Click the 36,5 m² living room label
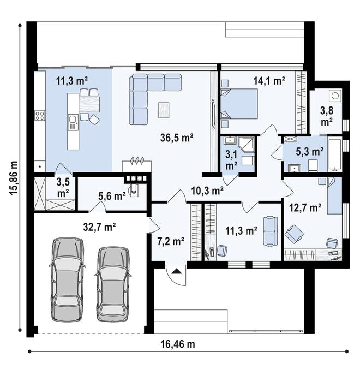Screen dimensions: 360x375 (x=177, y=138)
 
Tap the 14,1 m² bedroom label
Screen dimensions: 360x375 (x=269, y=81)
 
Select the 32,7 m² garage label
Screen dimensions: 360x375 (x=99, y=227)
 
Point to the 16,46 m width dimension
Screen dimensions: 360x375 (x=178, y=344)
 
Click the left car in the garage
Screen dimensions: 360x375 (x=68, y=279)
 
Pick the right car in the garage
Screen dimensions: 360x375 (x=113, y=284)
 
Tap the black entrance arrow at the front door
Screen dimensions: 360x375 (x=176, y=271)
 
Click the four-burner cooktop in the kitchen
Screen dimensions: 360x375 (x=40, y=116)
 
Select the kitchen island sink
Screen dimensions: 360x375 (x=73, y=122)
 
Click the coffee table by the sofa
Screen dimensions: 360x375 (x=164, y=110)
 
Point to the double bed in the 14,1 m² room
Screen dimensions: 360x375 (x=239, y=104)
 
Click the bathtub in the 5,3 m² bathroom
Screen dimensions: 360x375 (x=335, y=155)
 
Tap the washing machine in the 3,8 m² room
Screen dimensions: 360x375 (x=335, y=96)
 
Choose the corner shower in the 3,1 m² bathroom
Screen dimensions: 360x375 (x=247, y=145)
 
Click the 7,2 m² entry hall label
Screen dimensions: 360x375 (x=170, y=241)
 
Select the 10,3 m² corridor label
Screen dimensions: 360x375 (x=207, y=191)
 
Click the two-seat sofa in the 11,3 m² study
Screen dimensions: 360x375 (x=271, y=231)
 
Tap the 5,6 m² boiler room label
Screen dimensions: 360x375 (x=112, y=196)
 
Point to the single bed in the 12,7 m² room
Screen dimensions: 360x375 (x=334, y=195)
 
